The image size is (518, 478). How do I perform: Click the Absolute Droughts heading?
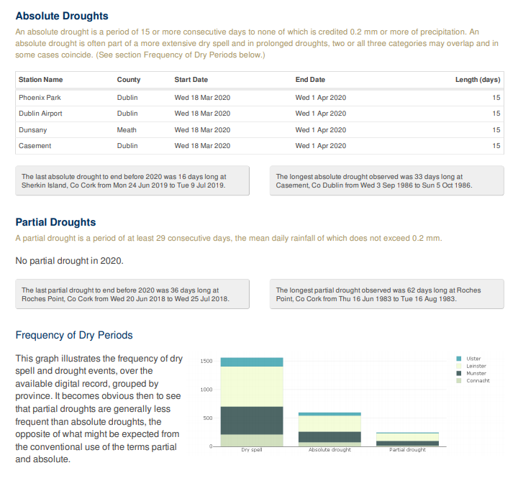tap(62, 16)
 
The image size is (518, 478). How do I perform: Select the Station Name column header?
tap(40, 80)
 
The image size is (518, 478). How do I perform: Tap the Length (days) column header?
tap(477, 80)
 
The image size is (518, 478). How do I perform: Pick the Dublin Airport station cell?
tap(40, 114)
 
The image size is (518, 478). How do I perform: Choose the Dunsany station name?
tap(32, 130)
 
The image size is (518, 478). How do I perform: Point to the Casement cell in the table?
tap(35, 146)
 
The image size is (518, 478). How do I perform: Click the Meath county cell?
tap(127, 130)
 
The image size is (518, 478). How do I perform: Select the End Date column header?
tap(310, 80)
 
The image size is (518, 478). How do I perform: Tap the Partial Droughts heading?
tap(55, 222)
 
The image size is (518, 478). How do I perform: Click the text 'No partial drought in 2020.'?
tap(74, 260)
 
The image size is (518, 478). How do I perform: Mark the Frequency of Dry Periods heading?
tap(74, 335)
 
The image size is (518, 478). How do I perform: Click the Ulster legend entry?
tap(473, 359)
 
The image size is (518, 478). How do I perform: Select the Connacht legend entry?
tap(477, 380)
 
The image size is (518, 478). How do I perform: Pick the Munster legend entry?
tap(476, 373)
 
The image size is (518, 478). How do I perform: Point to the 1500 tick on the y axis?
tap(206, 361)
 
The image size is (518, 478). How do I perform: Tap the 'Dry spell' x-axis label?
tap(251, 450)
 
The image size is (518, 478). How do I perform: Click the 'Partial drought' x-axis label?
tap(407, 450)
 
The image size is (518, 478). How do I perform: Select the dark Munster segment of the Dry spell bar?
tap(251, 420)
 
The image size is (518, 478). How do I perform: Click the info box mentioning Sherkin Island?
tap(132, 180)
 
